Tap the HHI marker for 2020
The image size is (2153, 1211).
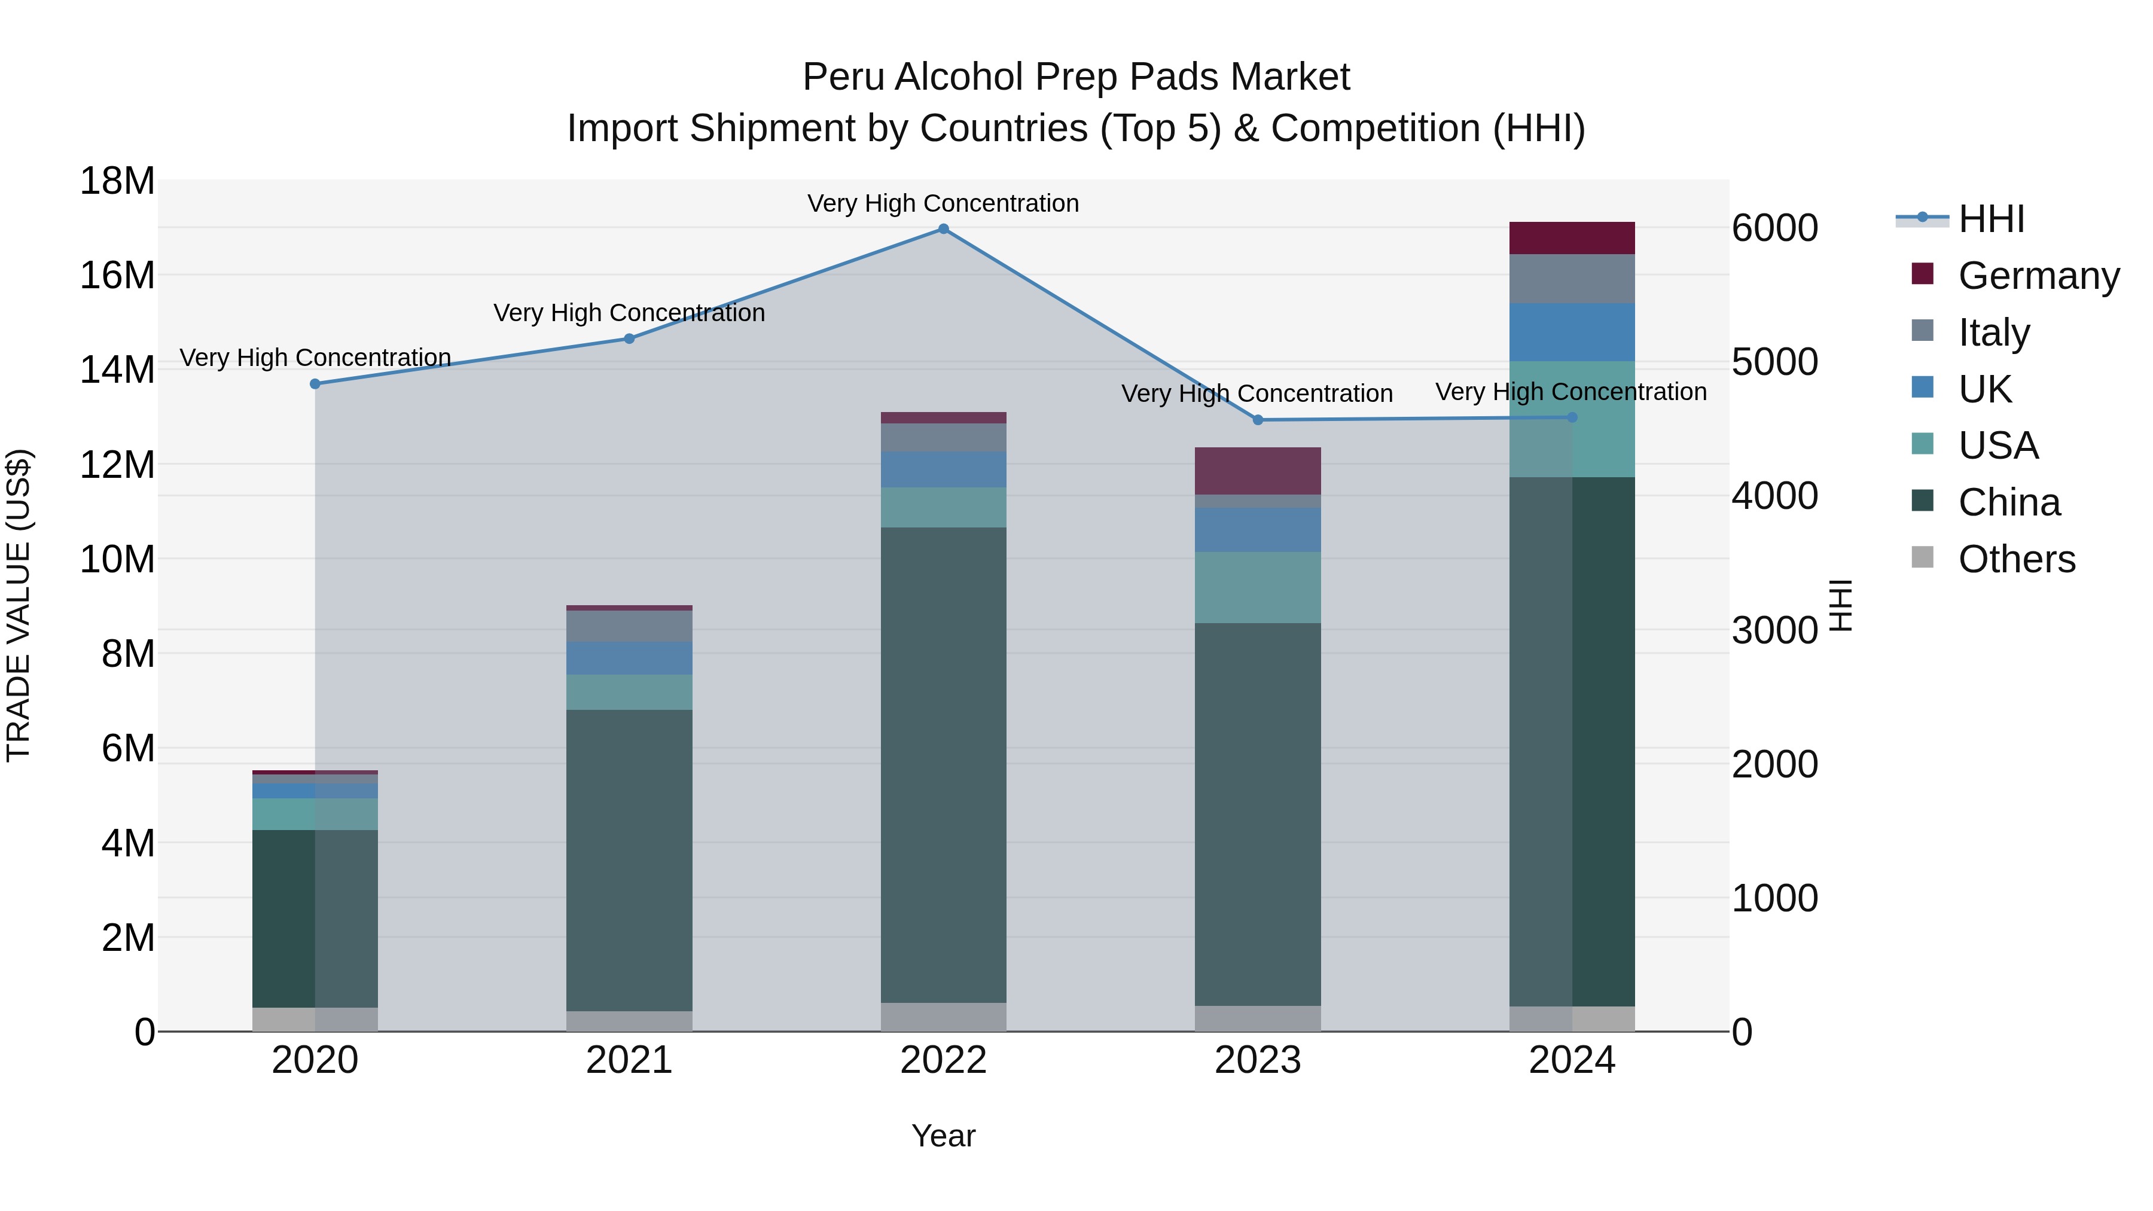pyautogui.click(x=315, y=383)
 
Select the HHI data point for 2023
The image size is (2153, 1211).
pyautogui.click(x=1257, y=420)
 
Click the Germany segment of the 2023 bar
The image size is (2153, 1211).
pyautogui.click(x=1257, y=471)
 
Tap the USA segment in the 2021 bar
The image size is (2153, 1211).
pyautogui.click(x=629, y=692)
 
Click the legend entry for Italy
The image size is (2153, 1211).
pyautogui.click(x=1993, y=332)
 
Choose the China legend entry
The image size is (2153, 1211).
pyautogui.click(x=2008, y=502)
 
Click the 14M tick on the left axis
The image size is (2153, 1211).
pyautogui.click(x=117, y=370)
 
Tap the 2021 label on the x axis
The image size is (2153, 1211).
pyautogui.click(x=629, y=1060)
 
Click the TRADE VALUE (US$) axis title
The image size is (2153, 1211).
pyautogui.click(x=19, y=605)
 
